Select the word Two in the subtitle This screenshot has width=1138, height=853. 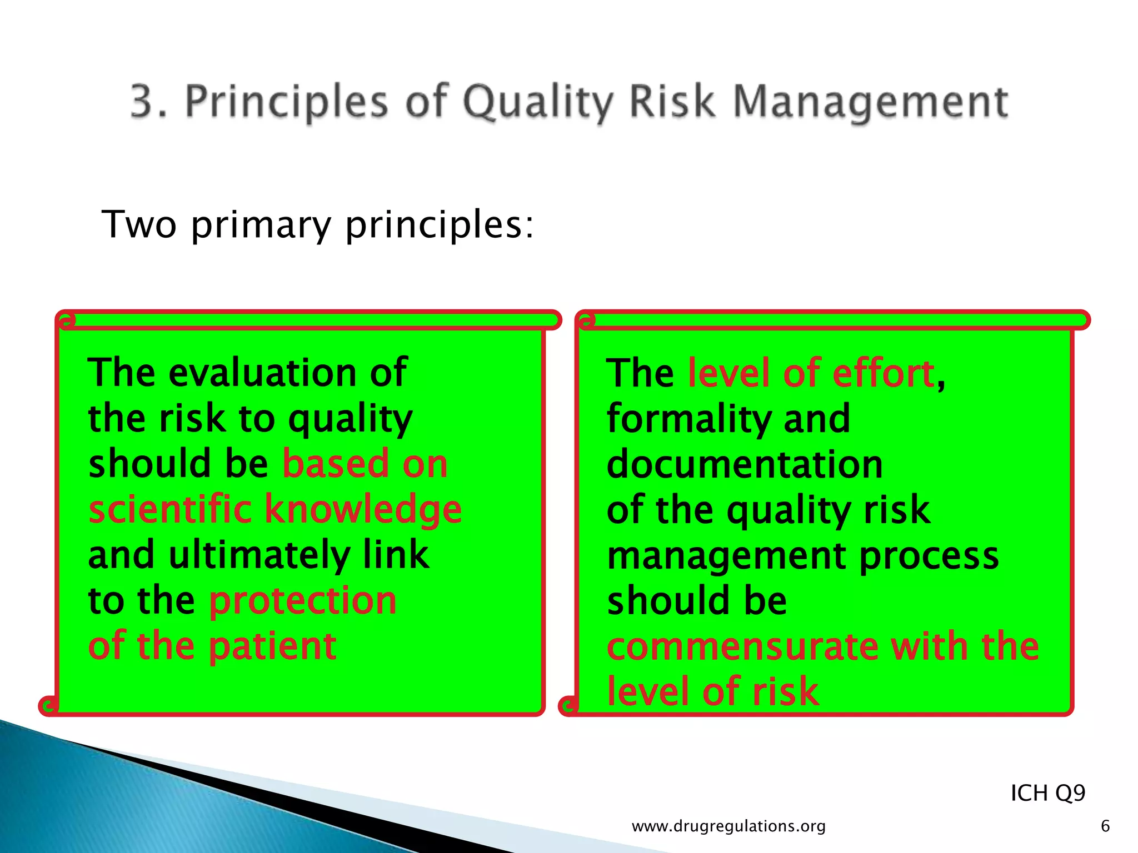click(139, 225)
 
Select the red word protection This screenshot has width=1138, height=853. click(303, 601)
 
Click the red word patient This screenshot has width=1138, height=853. click(272, 647)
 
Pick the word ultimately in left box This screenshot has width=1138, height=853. click(259, 555)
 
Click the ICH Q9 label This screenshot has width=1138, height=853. click(1047, 793)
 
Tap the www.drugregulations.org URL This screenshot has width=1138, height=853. click(728, 826)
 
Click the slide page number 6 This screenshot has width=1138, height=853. click(1105, 826)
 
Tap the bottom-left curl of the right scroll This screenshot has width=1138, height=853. click(568, 706)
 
